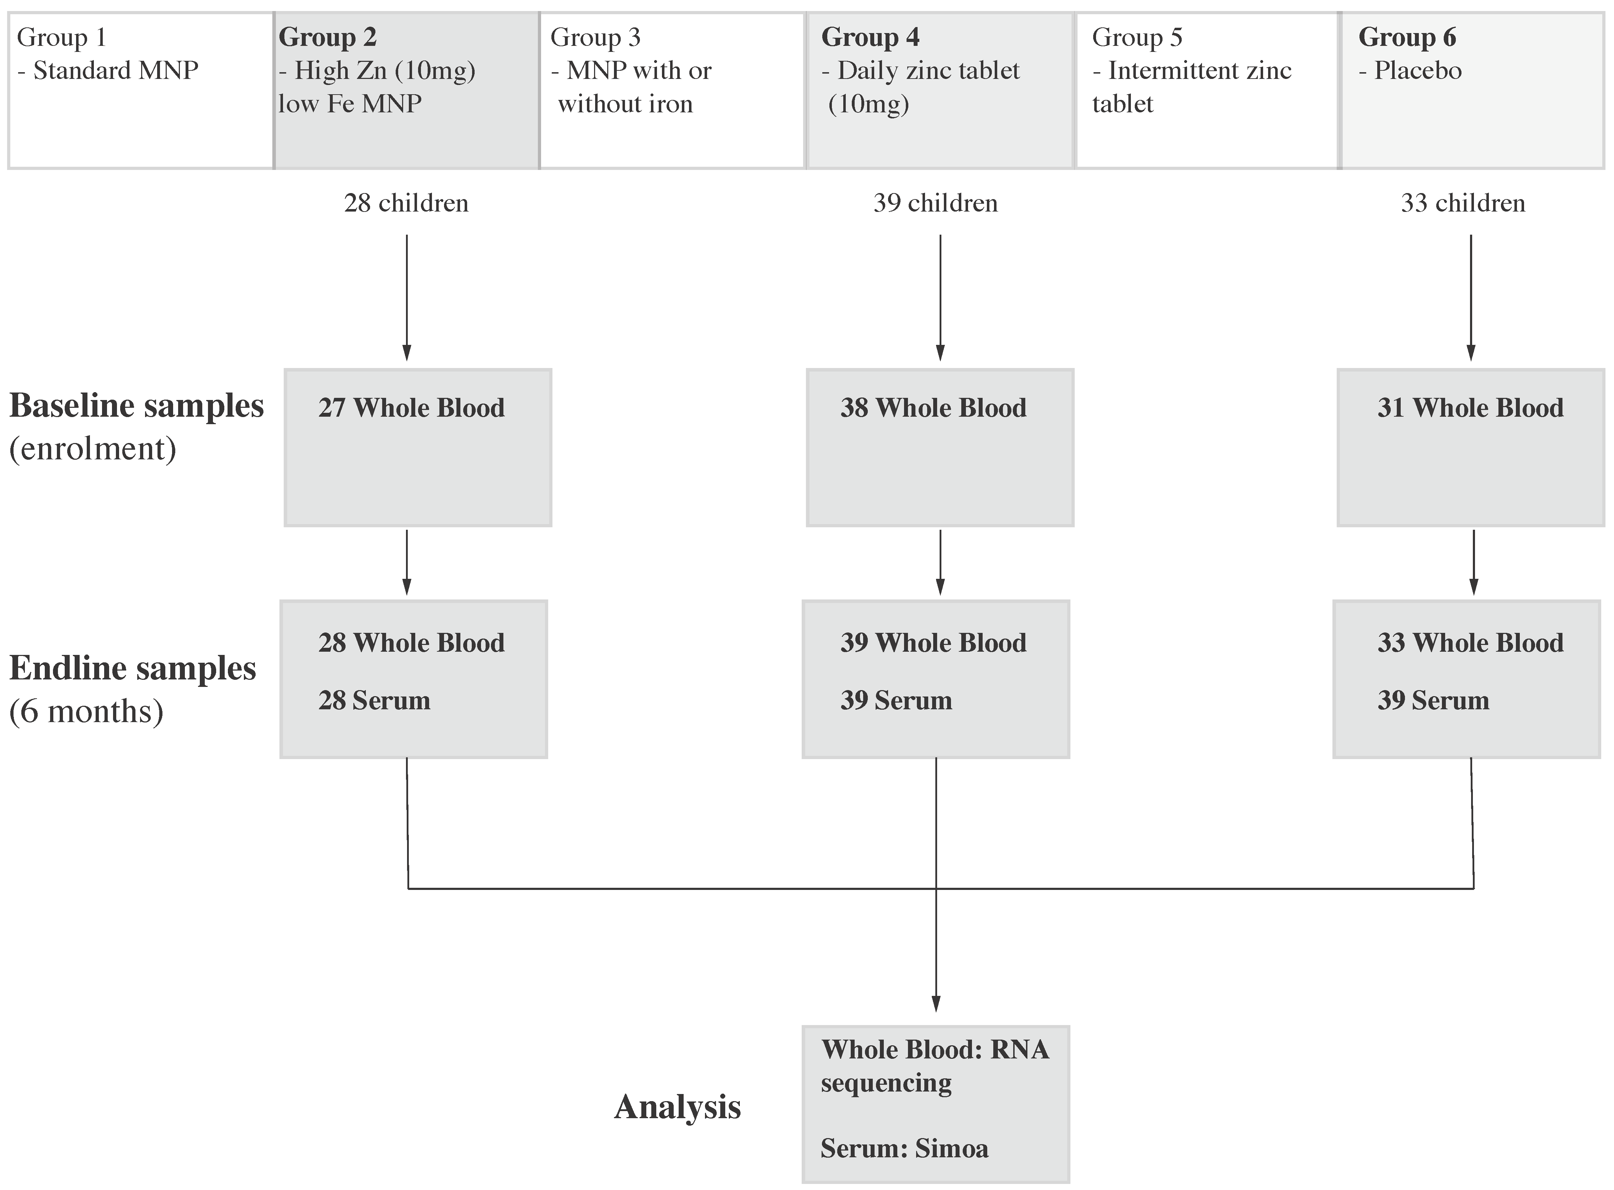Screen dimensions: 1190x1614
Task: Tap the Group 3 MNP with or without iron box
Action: (672, 90)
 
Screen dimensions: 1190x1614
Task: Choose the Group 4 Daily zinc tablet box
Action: (940, 90)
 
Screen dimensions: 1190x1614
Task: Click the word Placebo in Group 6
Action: (1417, 71)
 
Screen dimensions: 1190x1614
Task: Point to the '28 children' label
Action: (406, 203)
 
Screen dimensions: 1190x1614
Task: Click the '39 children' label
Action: (936, 203)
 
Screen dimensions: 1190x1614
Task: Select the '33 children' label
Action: (1463, 203)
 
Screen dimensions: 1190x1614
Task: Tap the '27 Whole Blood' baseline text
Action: (411, 408)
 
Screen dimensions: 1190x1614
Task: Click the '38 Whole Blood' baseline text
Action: (934, 408)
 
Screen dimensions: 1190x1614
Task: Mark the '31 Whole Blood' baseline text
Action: (1471, 408)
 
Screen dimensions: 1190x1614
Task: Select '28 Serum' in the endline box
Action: (374, 700)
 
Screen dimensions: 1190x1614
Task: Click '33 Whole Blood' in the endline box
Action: (1471, 642)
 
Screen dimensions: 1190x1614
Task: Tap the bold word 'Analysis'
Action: (677, 1107)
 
